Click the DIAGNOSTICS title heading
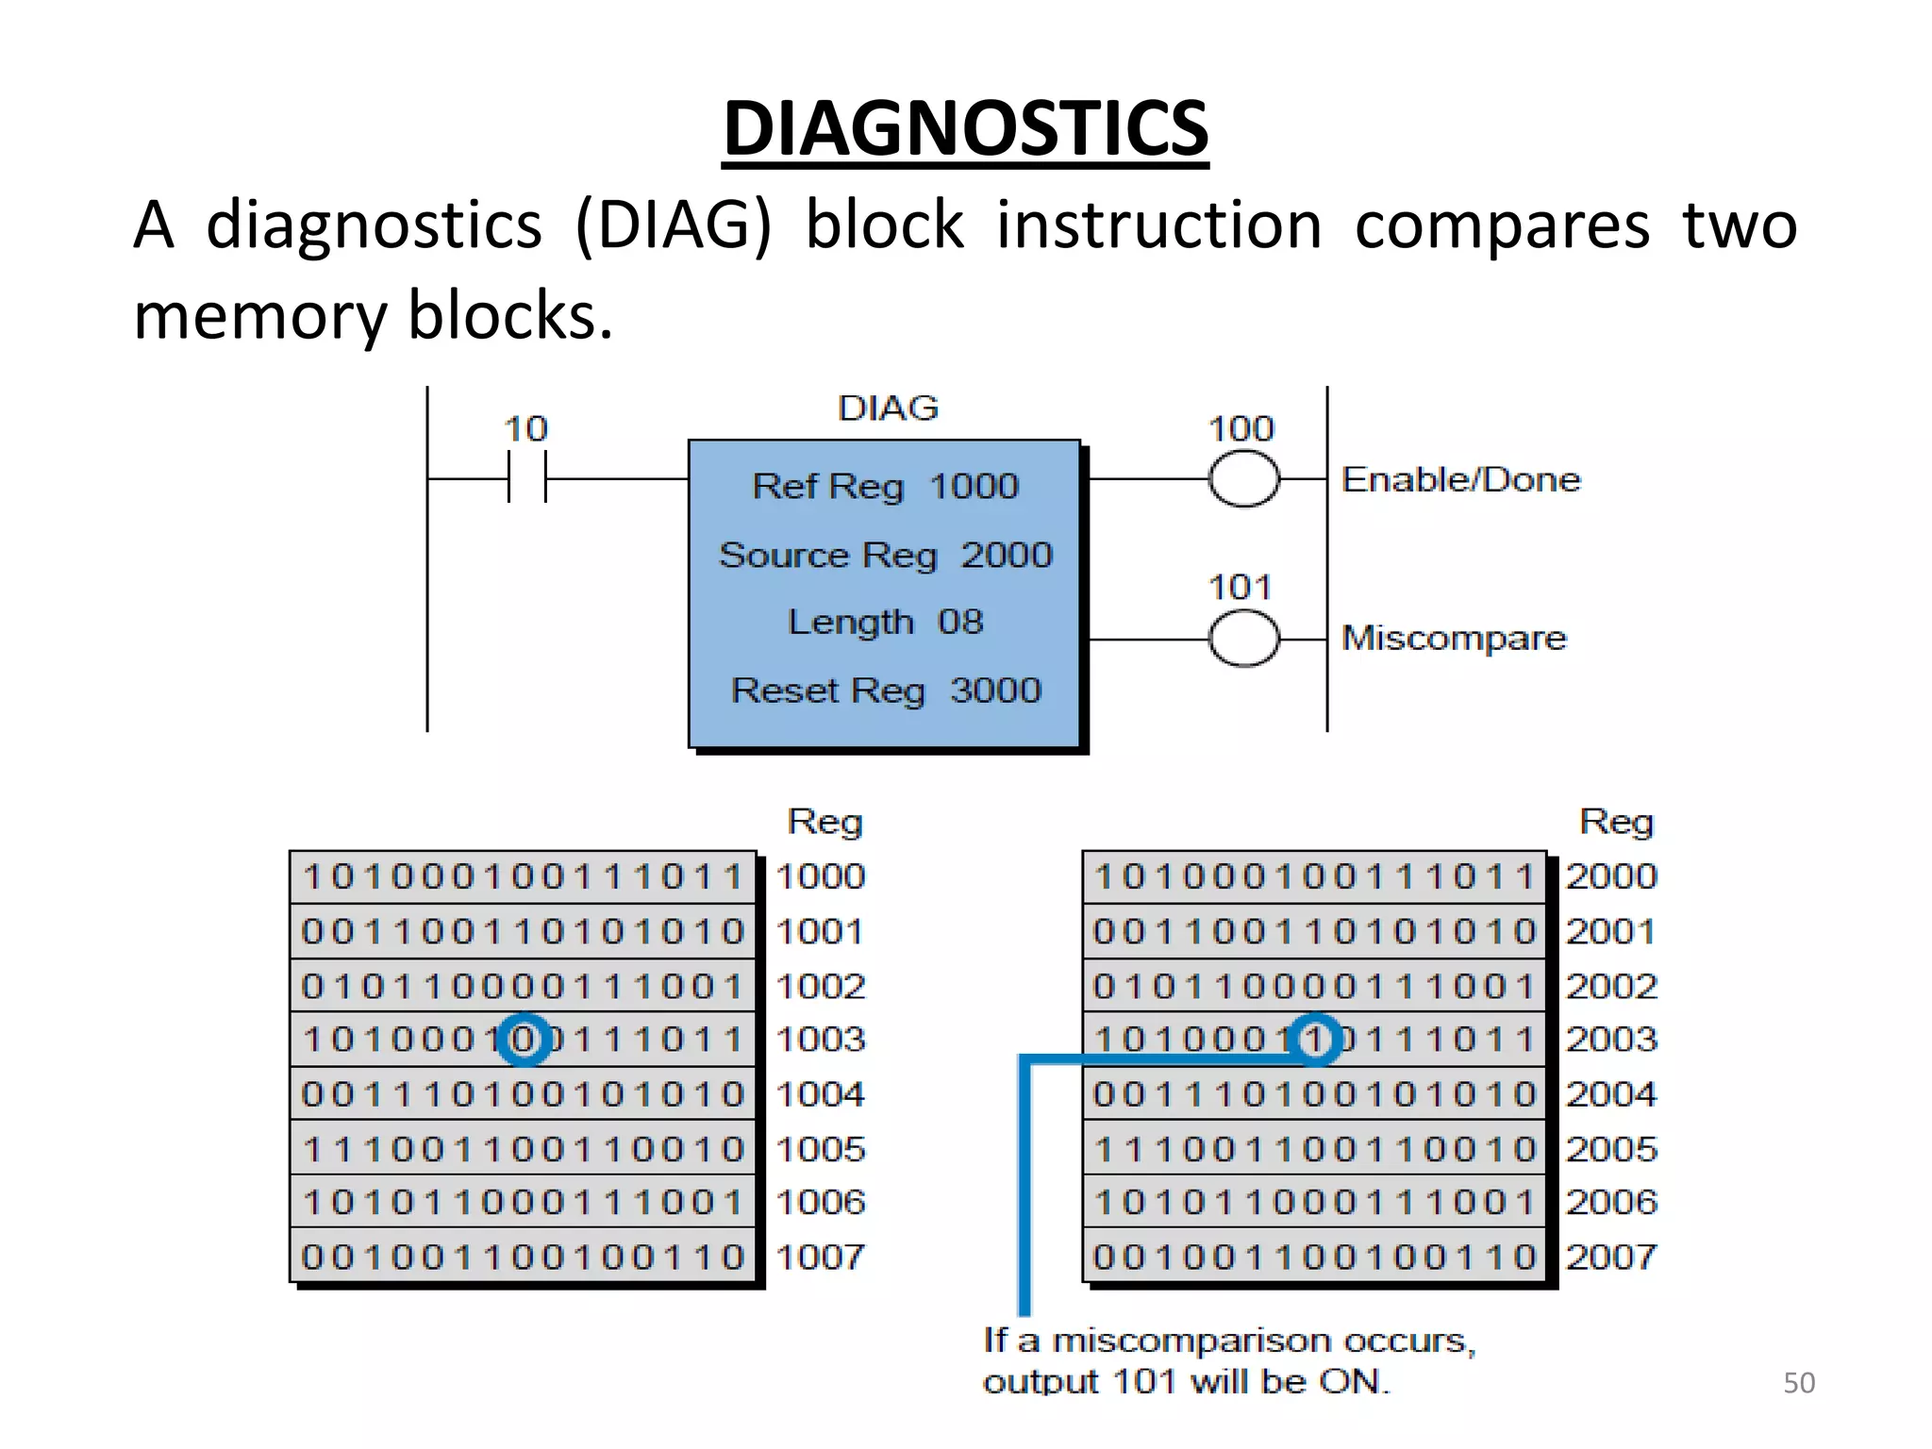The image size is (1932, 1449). [965, 129]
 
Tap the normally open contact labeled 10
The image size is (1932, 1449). [526, 478]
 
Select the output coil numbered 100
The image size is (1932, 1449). [1243, 479]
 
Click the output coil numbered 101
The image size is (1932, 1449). [1243, 639]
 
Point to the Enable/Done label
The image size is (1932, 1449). [1460, 479]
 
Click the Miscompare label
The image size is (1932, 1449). [1454, 639]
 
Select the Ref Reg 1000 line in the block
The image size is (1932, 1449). [885, 487]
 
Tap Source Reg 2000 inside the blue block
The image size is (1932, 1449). [885, 555]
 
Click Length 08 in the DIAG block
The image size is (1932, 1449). [885, 623]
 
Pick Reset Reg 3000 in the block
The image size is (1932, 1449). [885, 691]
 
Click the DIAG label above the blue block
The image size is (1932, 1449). [888, 408]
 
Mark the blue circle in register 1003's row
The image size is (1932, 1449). [525, 1040]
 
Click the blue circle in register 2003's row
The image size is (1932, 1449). [1316, 1040]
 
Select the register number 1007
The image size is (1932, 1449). [820, 1257]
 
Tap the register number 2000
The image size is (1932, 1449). [1611, 876]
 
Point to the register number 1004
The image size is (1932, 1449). [820, 1094]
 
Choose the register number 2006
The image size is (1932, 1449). [1611, 1202]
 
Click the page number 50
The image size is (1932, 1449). [1798, 1383]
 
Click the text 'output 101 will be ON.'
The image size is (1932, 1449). [1186, 1382]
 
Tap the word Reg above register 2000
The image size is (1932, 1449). [1616, 822]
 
